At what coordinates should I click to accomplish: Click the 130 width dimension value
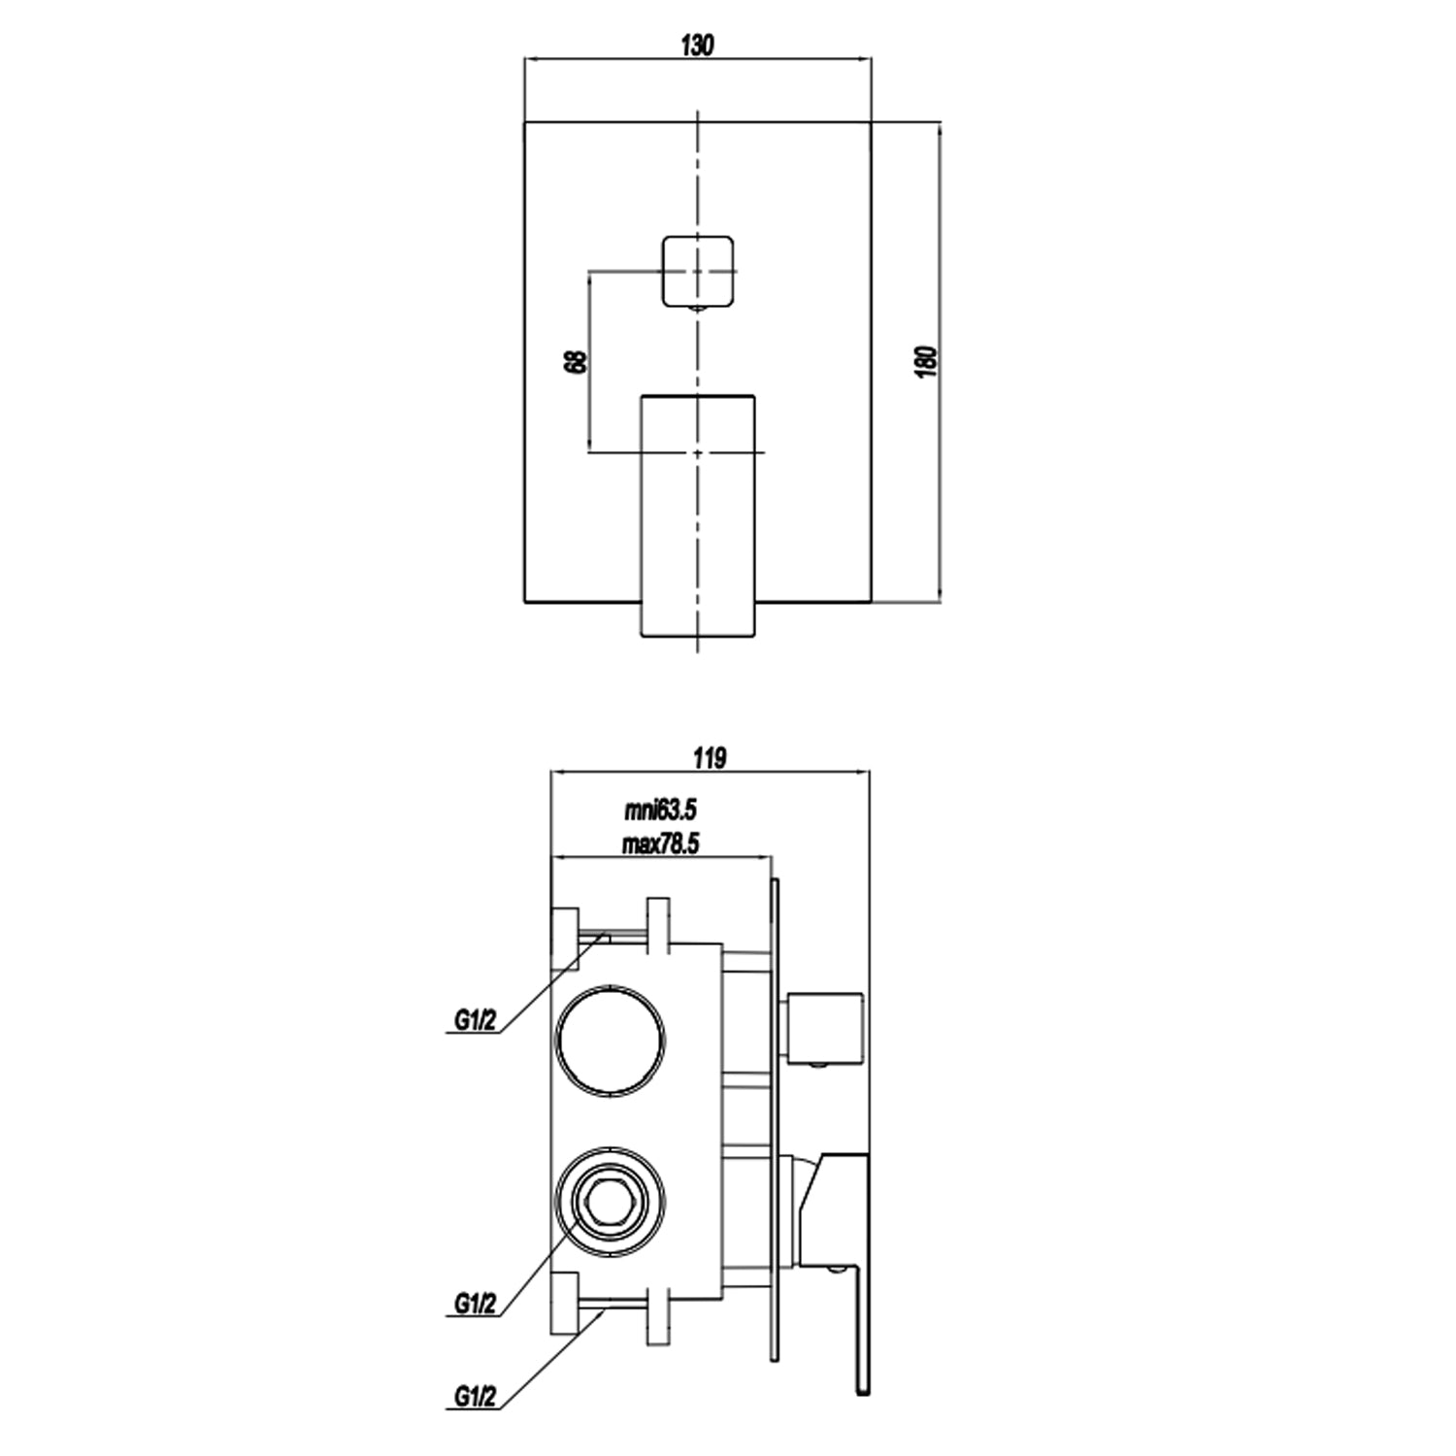pyautogui.click(x=697, y=46)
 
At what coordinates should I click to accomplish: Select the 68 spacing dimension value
pyautogui.click(x=576, y=361)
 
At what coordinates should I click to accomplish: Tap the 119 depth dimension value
pyautogui.click(x=711, y=758)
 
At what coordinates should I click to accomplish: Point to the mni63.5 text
pyautogui.click(x=660, y=810)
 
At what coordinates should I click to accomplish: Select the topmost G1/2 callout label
pyautogui.click(x=476, y=1020)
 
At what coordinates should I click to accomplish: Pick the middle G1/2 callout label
pyautogui.click(x=476, y=1304)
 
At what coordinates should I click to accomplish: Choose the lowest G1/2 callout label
pyautogui.click(x=476, y=1396)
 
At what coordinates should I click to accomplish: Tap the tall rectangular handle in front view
pyautogui.click(x=697, y=514)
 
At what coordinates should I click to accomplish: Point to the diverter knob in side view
pyautogui.click(x=826, y=1028)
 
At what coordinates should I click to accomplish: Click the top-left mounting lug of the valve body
pyautogui.click(x=564, y=933)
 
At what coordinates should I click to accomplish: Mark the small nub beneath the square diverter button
pyautogui.click(x=697, y=310)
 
